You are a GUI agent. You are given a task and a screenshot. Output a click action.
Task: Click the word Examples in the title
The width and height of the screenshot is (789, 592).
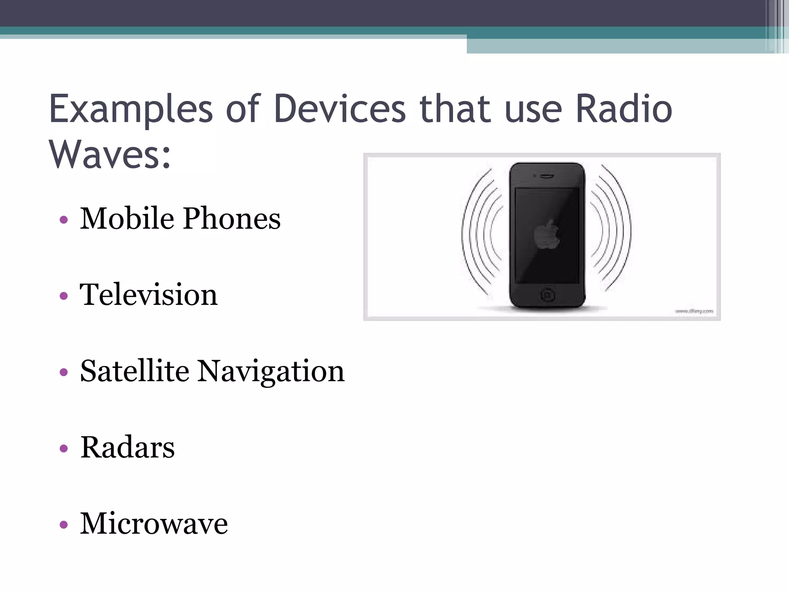131,109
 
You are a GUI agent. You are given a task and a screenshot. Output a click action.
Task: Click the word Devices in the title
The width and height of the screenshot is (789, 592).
340,109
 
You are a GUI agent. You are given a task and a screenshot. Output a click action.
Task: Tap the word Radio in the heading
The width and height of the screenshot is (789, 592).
624,109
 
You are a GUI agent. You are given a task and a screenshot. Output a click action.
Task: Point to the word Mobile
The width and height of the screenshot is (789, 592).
127,219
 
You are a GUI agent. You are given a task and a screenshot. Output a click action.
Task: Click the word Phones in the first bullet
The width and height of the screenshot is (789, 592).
232,219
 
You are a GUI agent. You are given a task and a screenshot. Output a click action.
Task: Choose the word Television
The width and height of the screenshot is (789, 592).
149,295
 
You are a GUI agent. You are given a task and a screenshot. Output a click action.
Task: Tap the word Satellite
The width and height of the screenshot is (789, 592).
134,371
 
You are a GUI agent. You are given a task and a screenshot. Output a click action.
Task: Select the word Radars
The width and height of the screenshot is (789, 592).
128,447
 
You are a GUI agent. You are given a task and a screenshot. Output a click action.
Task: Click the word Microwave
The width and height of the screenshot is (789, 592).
154,524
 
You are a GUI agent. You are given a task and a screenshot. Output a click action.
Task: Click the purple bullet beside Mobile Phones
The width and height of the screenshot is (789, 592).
64,220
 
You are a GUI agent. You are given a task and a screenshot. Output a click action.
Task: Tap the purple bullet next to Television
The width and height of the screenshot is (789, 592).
64,296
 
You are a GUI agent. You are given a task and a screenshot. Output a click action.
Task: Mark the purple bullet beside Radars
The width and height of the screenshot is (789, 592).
64,449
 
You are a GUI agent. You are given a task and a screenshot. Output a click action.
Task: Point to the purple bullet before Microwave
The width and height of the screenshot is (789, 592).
64,525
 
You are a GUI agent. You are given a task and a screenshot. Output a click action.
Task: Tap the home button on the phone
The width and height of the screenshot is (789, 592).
547,296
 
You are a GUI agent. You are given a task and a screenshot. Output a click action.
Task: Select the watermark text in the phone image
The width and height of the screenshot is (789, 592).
694,311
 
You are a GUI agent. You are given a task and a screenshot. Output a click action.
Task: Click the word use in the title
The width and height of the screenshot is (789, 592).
534,109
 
